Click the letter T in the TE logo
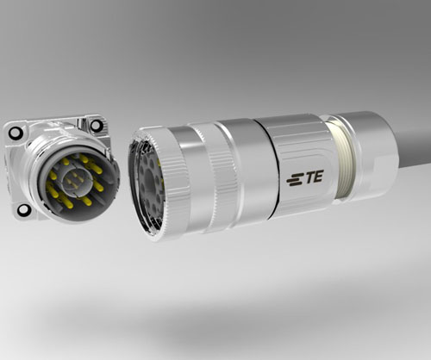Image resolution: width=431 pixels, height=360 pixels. coord(308,177)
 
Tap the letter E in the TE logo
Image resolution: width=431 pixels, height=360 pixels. coord(317,176)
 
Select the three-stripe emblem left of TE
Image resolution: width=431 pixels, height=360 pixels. coord(294,180)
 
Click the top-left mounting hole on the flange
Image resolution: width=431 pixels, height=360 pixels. coord(16,132)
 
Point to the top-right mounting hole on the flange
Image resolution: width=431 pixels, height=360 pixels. coord(96,125)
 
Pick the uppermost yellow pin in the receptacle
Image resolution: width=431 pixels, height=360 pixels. coord(84,158)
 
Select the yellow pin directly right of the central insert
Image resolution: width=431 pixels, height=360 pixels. coord(98,187)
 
